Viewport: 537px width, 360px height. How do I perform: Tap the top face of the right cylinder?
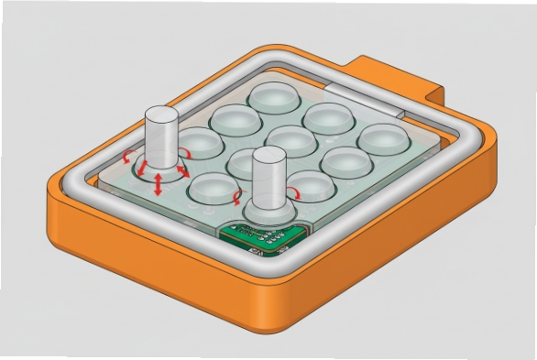pyautogui.click(x=267, y=155)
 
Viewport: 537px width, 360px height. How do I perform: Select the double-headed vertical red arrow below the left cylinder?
pyautogui.click(x=158, y=183)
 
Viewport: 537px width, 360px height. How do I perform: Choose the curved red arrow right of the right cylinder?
pyautogui.click(x=294, y=190)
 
